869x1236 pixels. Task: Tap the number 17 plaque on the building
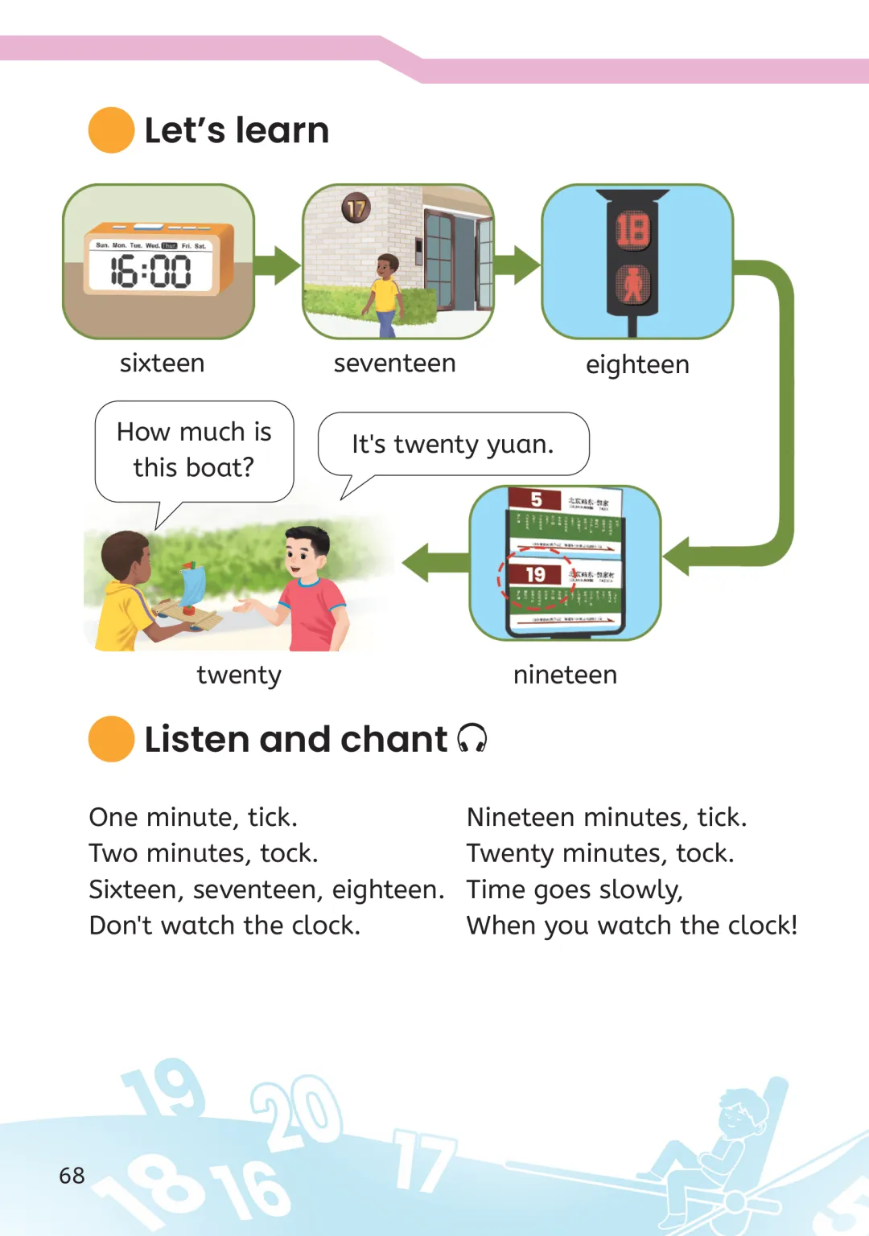pyautogui.click(x=356, y=208)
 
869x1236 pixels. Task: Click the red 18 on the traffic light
pyautogui.click(x=632, y=229)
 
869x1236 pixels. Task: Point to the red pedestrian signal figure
pyautogui.click(x=633, y=284)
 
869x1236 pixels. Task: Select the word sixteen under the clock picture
pyautogui.click(x=162, y=363)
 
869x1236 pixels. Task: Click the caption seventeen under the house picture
pyautogui.click(x=394, y=363)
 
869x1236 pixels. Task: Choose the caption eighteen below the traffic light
pyautogui.click(x=637, y=364)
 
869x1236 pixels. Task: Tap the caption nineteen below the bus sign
pyautogui.click(x=565, y=675)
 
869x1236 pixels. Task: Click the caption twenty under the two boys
pyautogui.click(x=239, y=675)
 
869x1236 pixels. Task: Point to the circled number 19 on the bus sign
pyautogui.click(x=535, y=575)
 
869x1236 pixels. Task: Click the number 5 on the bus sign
pyautogui.click(x=536, y=499)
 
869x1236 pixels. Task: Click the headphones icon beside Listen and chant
pyautogui.click(x=472, y=738)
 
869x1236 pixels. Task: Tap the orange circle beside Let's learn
pyautogui.click(x=111, y=130)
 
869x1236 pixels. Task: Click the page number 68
pyautogui.click(x=72, y=1176)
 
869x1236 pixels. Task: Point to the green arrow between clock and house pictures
pyautogui.click(x=278, y=265)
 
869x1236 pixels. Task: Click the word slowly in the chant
pyautogui.click(x=641, y=890)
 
